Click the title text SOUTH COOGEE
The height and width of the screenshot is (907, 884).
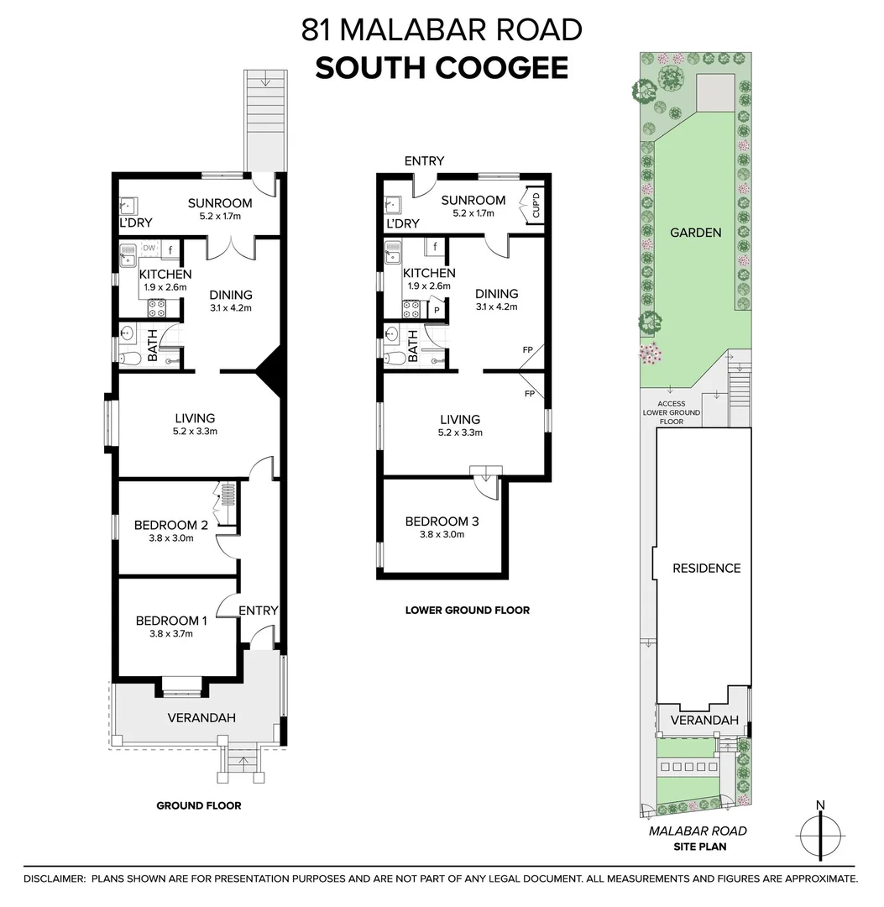pyautogui.click(x=442, y=68)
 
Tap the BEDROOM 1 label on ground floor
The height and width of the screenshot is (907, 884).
pyautogui.click(x=171, y=621)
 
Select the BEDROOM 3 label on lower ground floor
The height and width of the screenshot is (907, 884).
pyautogui.click(x=442, y=522)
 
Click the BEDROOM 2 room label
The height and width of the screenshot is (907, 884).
pyautogui.click(x=171, y=526)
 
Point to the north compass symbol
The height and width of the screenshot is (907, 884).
pyautogui.click(x=819, y=834)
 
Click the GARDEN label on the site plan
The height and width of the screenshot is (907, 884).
pyautogui.click(x=695, y=233)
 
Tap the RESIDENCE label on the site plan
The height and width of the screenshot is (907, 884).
pyautogui.click(x=706, y=568)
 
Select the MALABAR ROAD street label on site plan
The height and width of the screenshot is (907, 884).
pyautogui.click(x=698, y=831)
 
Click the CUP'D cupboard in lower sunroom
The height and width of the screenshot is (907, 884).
pyautogui.click(x=533, y=207)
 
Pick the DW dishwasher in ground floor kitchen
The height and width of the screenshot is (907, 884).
pyautogui.click(x=149, y=249)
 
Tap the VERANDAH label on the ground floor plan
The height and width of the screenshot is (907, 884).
pyautogui.click(x=201, y=717)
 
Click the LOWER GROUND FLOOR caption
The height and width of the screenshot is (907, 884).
pyautogui.click(x=468, y=611)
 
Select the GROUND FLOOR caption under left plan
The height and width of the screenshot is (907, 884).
pyautogui.click(x=199, y=805)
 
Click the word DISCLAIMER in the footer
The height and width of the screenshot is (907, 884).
pyautogui.click(x=55, y=878)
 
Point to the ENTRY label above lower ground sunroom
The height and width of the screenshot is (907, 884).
pyautogui.click(x=424, y=161)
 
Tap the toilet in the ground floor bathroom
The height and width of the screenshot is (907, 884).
pyautogui.click(x=129, y=359)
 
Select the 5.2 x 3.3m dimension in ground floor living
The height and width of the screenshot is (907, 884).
pyautogui.click(x=195, y=433)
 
